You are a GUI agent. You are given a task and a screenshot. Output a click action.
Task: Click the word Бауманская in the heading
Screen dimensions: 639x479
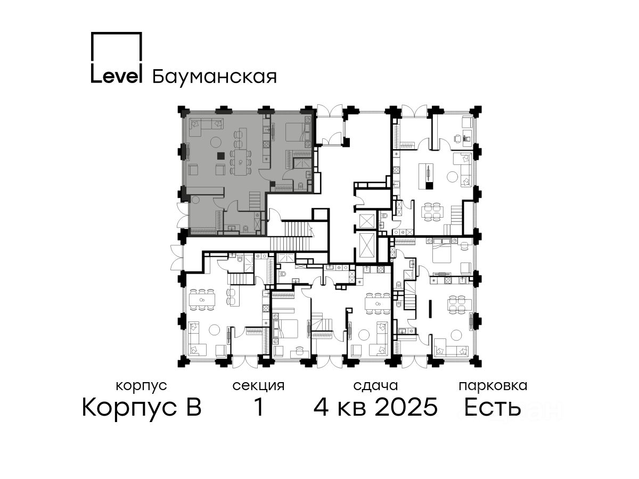(214, 77)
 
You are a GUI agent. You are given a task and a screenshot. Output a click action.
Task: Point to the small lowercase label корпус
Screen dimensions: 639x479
(141, 386)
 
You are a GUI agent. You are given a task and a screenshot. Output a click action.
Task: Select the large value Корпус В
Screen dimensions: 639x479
(142, 407)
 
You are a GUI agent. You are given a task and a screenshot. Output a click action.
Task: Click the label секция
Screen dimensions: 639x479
(258, 386)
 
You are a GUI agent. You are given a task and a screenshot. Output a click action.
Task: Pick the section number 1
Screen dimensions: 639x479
(259, 407)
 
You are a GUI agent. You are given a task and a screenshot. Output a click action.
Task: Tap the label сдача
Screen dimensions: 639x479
(375, 386)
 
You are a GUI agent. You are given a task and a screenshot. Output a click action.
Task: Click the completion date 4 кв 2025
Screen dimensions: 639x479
(375, 407)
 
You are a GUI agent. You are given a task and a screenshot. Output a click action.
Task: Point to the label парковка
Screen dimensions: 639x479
(493, 386)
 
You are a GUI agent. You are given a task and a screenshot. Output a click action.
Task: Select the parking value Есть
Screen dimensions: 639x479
(492, 407)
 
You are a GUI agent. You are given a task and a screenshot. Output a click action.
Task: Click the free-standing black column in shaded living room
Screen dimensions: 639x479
(221, 156)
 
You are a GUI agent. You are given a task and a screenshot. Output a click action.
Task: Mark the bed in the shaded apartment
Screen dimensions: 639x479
(295, 132)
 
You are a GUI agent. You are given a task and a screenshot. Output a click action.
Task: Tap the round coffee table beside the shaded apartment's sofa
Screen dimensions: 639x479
(216, 142)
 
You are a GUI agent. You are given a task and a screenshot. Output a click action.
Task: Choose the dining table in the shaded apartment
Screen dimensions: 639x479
(241, 162)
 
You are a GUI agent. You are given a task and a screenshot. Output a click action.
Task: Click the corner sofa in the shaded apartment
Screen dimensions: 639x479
(206, 127)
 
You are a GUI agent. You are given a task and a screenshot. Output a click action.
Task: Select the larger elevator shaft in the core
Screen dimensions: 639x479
(367, 246)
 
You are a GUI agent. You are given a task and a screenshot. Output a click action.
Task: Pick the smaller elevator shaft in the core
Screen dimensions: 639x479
(366, 221)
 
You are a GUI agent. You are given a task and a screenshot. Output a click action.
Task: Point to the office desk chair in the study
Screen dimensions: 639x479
(458, 139)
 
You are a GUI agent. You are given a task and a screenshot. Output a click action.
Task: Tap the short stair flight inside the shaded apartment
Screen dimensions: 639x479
(255, 201)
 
